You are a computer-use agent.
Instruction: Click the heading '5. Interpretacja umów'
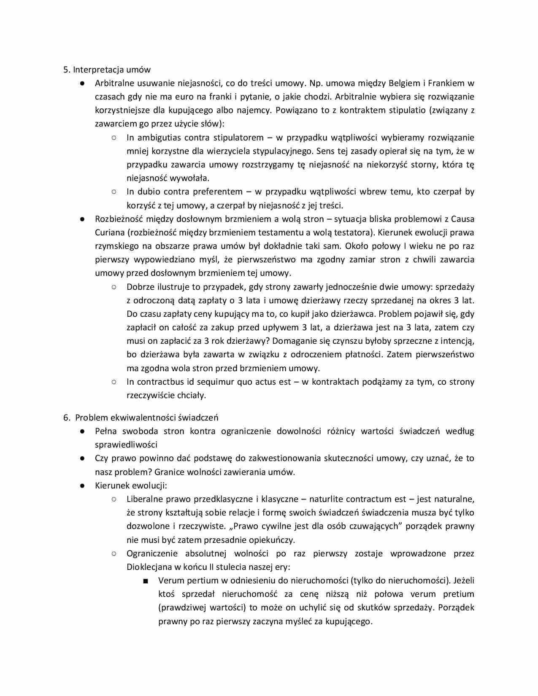(x=107, y=70)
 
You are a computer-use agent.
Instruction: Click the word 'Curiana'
(x=109, y=232)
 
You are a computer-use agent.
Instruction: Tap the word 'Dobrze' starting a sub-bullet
(x=140, y=287)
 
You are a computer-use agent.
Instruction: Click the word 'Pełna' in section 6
(x=106, y=431)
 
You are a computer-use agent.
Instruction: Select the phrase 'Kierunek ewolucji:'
(x=131, y=486)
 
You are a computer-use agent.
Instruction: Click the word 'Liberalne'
(x=145, y=499)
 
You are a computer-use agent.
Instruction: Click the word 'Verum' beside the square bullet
(x=170, y=580)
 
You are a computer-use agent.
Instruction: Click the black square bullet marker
(x=146, y=581)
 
